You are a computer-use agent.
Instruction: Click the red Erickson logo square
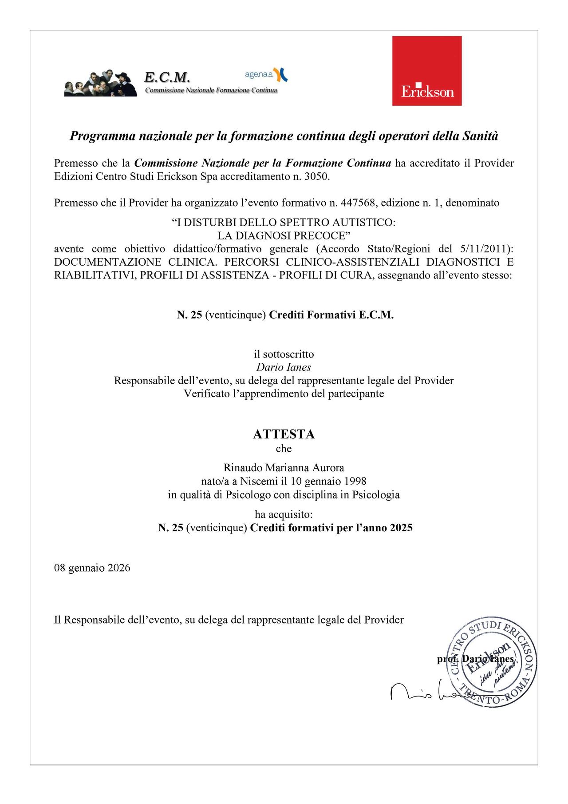point(426,71)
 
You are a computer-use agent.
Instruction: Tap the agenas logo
point(266,75)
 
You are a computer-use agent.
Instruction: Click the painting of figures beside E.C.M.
point(101,83)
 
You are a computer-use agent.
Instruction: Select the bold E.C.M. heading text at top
point(167,77)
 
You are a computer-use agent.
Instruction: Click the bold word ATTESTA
point(284,434)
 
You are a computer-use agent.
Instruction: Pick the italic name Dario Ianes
point(284,367)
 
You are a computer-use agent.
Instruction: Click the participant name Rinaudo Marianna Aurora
point(284,468)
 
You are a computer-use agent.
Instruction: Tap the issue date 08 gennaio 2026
point(92,568)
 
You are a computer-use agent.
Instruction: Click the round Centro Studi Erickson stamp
point(491,661)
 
